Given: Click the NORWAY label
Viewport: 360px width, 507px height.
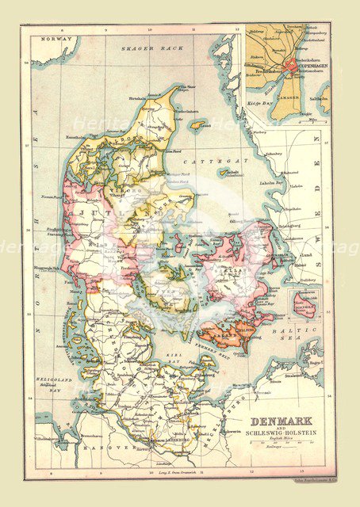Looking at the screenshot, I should point(55,39).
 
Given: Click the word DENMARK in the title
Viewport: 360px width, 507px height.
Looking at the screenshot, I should point(281,421).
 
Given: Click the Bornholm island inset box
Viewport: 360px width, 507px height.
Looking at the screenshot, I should point(304,304).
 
